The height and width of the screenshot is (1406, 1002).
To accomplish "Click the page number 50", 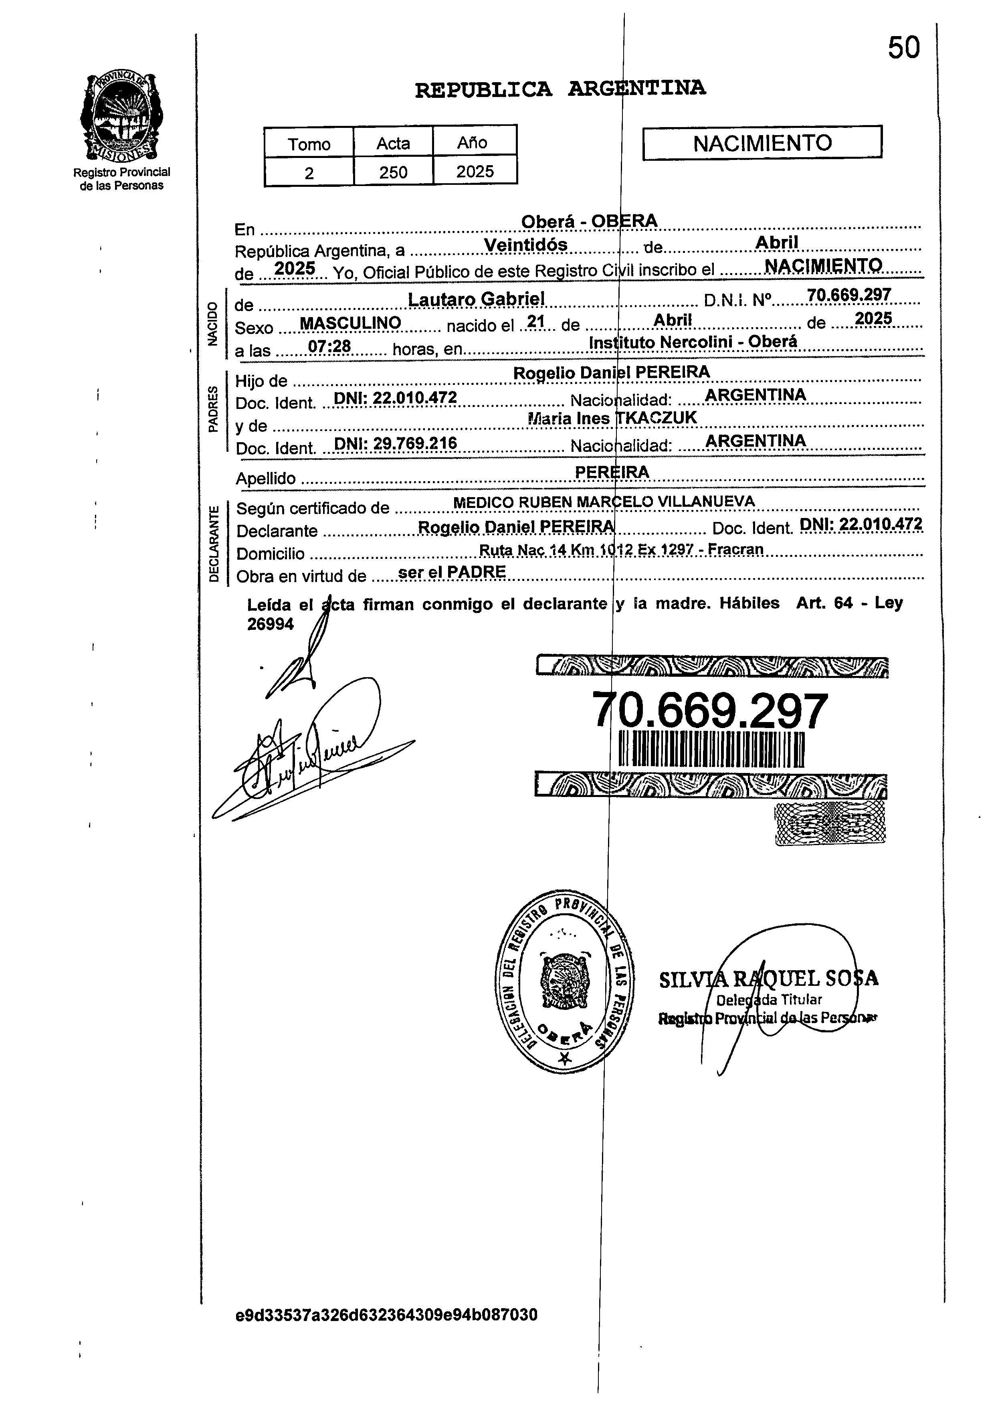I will tap(903, 48).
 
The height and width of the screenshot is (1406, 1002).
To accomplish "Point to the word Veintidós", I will tap(525, 245).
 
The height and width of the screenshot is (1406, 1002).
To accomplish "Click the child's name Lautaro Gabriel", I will tap(476, 299).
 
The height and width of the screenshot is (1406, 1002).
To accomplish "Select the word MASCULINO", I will tap(350, 323).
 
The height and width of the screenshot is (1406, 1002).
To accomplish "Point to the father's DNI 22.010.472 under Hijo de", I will tap(395, 398).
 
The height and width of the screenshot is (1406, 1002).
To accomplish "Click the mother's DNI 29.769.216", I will tap(395, 443).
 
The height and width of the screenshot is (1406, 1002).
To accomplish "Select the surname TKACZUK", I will tap(657, 418).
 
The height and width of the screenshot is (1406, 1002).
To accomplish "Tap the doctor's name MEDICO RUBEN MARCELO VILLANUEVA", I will tap(604, 502).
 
